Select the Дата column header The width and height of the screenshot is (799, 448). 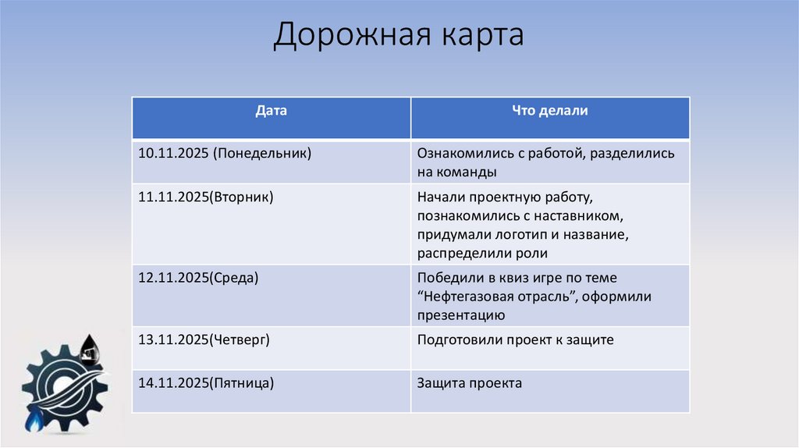[x=271, y=112]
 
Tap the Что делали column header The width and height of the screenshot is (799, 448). [x=549, y=112]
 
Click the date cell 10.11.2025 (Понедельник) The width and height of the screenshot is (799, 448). [x=225, y=154]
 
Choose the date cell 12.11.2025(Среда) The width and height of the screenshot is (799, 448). [x=198, y=278]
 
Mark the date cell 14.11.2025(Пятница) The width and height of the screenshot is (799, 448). [x=206, y=383]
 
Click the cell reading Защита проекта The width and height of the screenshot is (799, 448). [x=470, y=383]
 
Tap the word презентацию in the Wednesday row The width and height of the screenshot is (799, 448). [x=460, y=316]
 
